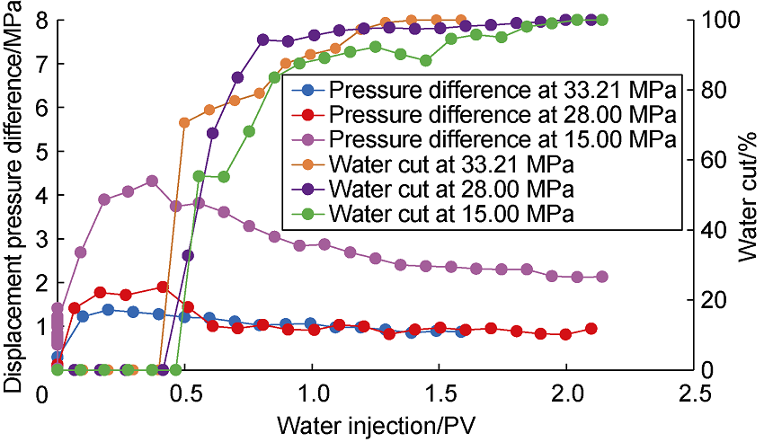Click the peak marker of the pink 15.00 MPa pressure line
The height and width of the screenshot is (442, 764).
(152, 181)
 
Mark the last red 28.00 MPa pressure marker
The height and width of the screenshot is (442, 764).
(591, 329)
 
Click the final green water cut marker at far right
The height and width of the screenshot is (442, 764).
(602, 20)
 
